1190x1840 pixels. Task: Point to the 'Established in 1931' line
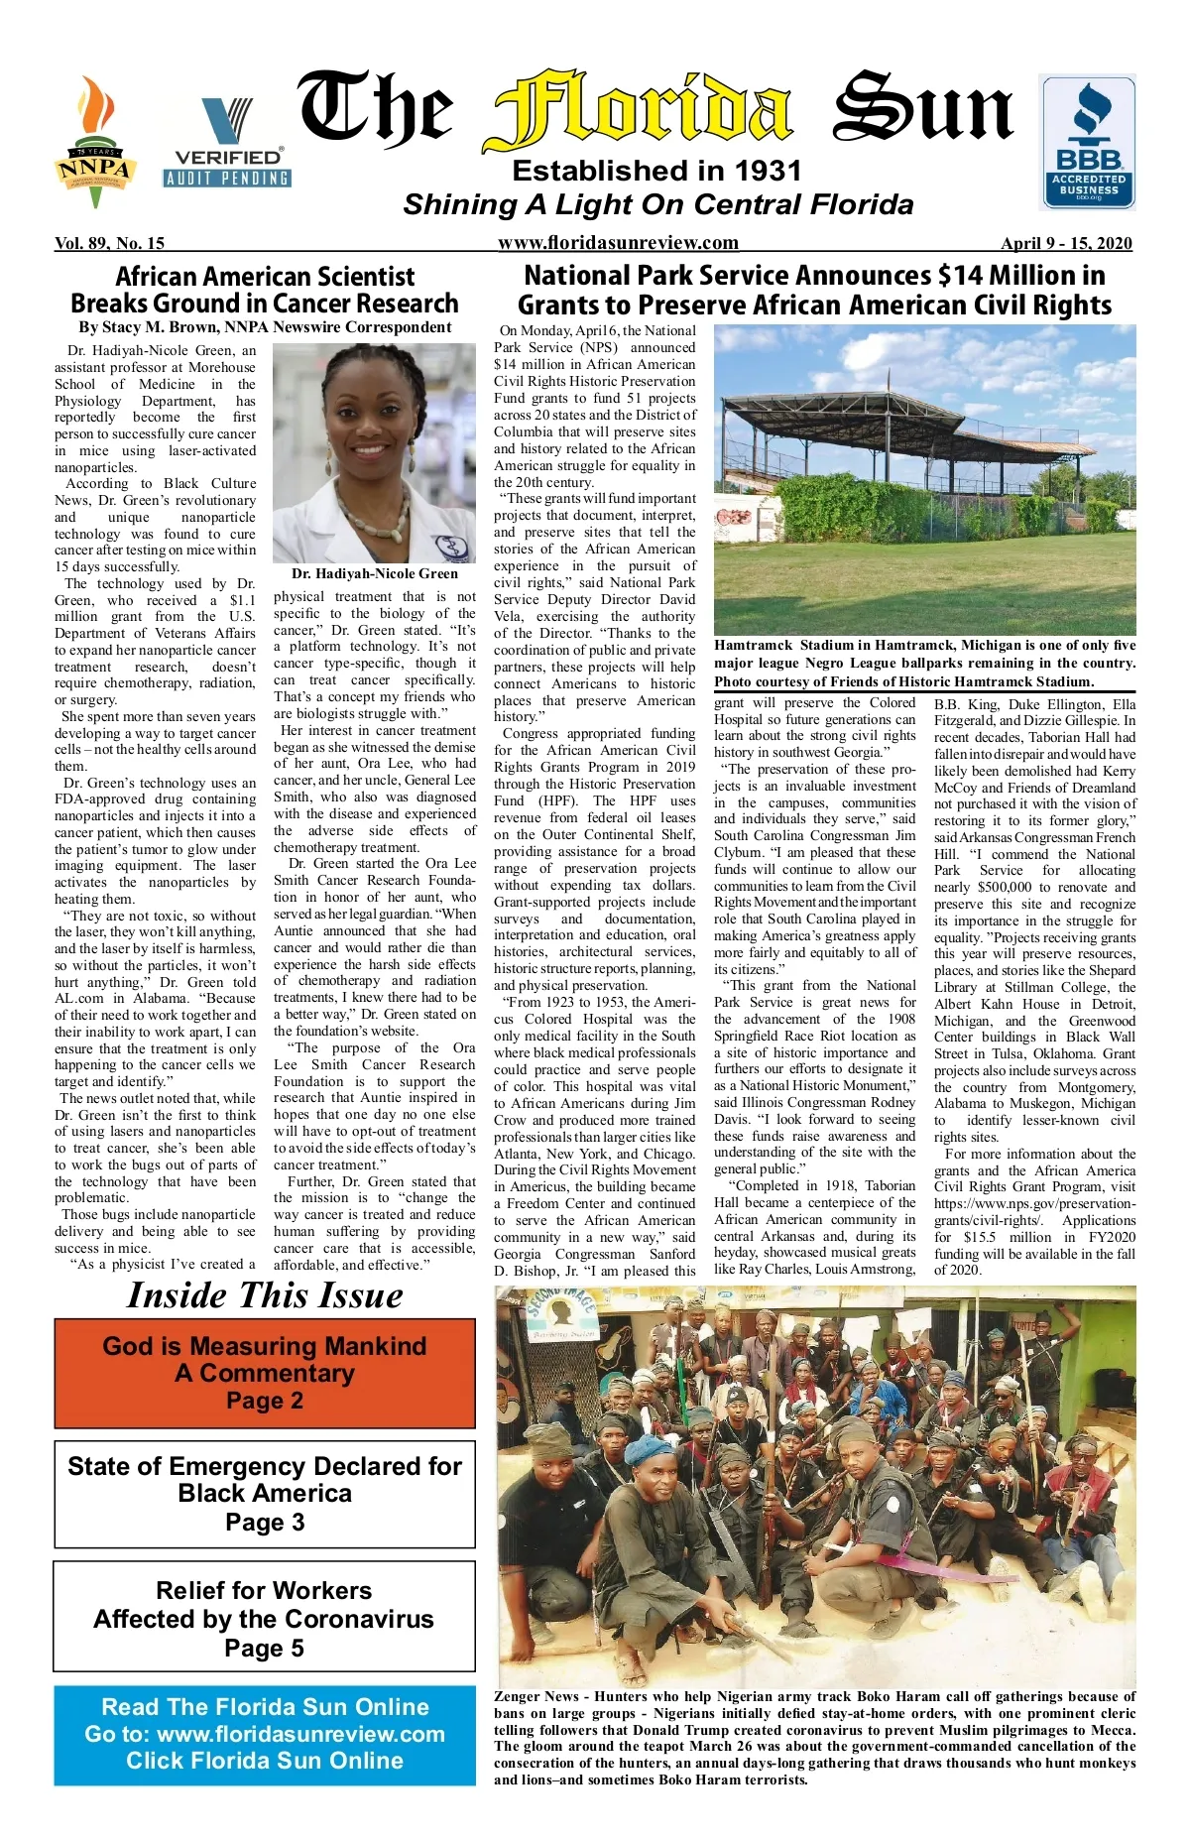tap(656, 172)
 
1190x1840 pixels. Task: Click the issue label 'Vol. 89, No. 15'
tap(110, 243)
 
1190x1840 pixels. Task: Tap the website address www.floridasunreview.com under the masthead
tap(618, 243)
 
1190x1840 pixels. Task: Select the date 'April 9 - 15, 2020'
tap(1066, 243)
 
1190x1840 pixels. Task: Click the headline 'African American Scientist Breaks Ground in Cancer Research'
tap(265, 290)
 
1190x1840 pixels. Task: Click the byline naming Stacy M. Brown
tap(265, 327)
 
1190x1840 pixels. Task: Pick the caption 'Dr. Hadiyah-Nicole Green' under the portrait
tap(375, 573)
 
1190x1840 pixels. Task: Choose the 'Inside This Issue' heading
tap(265, 1295)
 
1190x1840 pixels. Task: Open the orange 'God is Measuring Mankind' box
tap(265, 1373)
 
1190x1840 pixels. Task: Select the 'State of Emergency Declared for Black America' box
tap(265, 1494)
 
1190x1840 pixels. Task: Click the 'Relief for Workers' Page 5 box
tap(264, 1619)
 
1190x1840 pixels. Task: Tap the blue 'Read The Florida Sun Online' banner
tap(265, 1734)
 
